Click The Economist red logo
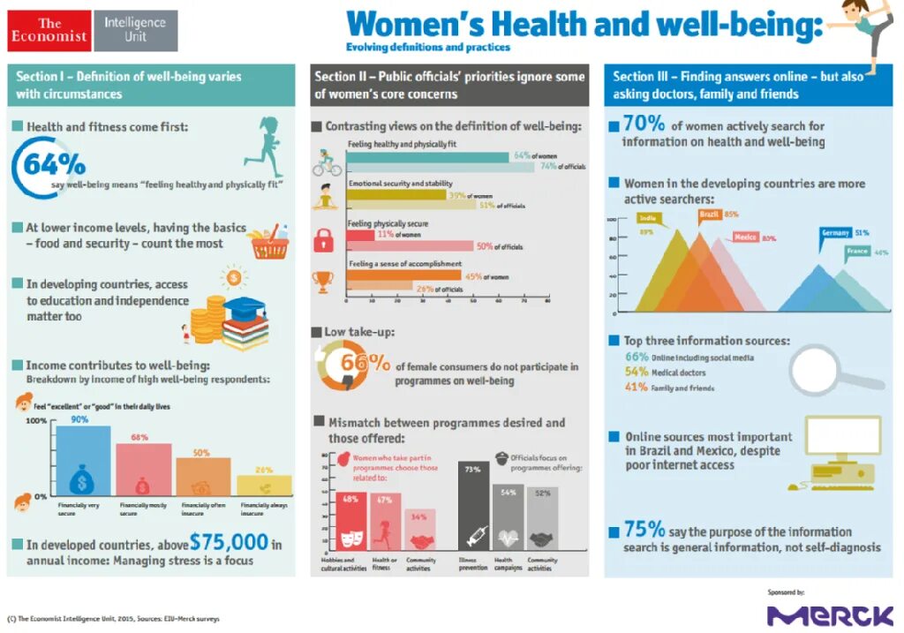50,31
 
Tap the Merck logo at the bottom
829,614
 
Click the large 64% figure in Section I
55,164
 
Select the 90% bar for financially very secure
83,462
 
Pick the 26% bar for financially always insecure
264,485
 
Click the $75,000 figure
229,542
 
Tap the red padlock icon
323,239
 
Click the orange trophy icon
323,282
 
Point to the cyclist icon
325,162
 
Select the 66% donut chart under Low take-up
344,365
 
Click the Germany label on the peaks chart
834,233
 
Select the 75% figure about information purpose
644,530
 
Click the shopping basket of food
269,244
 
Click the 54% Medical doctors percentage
637,372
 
